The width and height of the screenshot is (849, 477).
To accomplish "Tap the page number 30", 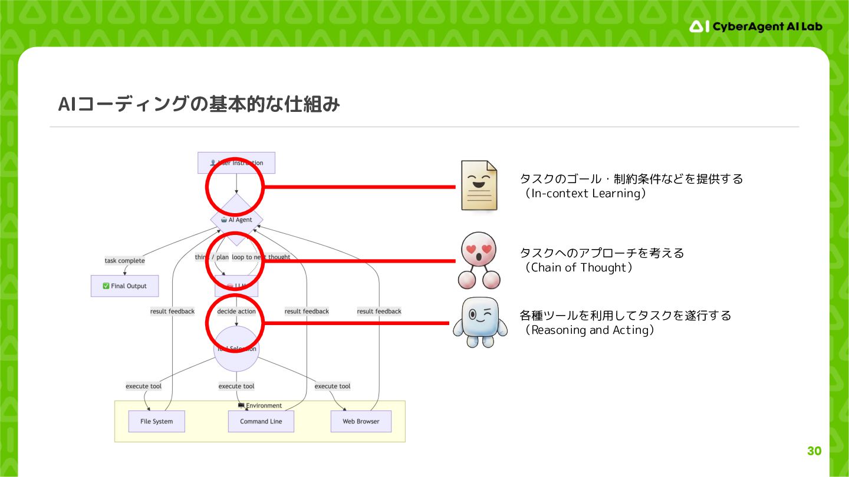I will pyautogui.click(x=814, y=451).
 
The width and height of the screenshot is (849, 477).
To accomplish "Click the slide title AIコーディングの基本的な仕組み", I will pyautogui.click(x=199, y=104).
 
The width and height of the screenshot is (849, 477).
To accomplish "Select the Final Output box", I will pyautogui.click(x=124, y=286).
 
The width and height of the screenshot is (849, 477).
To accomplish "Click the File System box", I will pyautogui.click(x=156, y=422).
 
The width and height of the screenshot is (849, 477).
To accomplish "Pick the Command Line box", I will pyautogui.click(x=261, y=422).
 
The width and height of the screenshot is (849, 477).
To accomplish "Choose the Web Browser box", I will pyautogui.click(x=361, y=422).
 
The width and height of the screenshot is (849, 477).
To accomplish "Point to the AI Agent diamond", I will pyautogui.click(x=236, y=220).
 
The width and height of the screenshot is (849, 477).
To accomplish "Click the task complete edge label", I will pyautogui.click(x=124, y=261).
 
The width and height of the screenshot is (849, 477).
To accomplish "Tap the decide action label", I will pyautogui.click(x=236, y=312).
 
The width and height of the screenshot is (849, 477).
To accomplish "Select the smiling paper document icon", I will pyautogui.click(x=479, y=185).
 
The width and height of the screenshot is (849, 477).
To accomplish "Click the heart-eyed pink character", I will pyautogui.click(x=478, y=260).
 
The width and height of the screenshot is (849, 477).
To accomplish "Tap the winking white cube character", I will pyautogui.click(x=480, y=322).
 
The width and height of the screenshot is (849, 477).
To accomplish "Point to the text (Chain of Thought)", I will pyautogui.click(x=577, y=268).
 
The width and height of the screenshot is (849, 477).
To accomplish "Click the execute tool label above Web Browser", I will pyautogui.click(x=333, y=386).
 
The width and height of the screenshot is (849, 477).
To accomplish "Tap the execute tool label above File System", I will pyautogui.click(x=143, y=386).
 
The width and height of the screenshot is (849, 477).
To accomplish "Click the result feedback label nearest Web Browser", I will pyautogui.click(x=379, y=312).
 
